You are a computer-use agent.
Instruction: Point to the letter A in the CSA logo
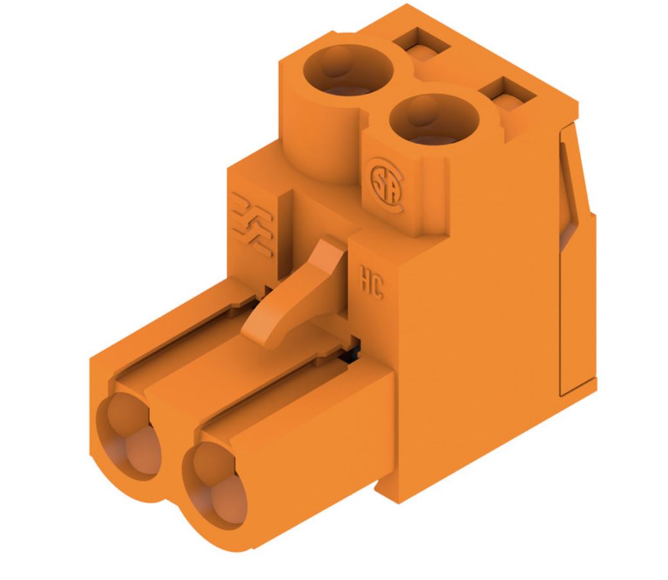point(390,189)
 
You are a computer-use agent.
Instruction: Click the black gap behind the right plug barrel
point(352,350)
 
